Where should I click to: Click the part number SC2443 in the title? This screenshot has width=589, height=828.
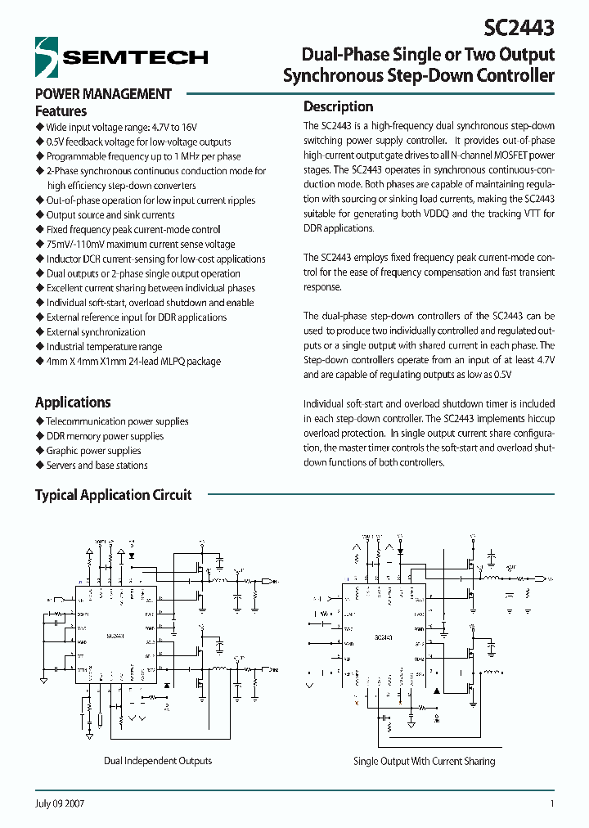click(x=519, y=28)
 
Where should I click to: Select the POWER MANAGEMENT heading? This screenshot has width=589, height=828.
click(x=103, y=94)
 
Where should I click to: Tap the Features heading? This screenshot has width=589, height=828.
click(x=61, y=111)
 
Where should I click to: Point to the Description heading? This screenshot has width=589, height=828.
click(x=338, y=106)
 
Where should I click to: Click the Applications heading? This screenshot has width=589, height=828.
click(x=73, y=403)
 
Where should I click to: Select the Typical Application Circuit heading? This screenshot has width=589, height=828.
click(x=113, y=495)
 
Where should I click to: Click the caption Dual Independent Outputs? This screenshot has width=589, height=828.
click(x=158, y=761)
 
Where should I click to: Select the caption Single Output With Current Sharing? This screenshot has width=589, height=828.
click(x=424, y=762)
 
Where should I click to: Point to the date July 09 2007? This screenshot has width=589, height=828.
click(x=60, y=803)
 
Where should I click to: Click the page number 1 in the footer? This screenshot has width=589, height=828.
click(x=552, y=803)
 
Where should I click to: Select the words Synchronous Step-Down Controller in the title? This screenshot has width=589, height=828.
click(x=418, y=77)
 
